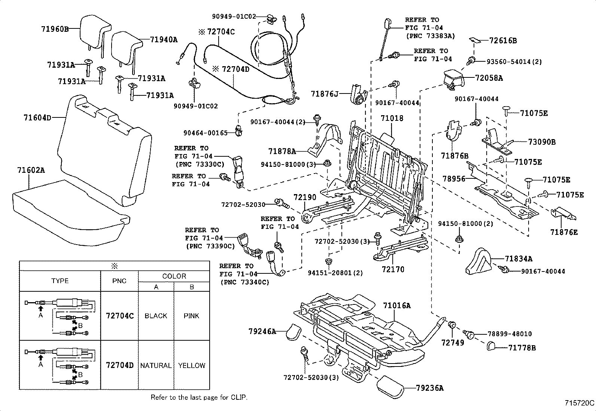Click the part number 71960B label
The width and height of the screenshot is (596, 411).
click(55, 28)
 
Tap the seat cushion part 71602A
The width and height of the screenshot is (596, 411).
click(67, 209)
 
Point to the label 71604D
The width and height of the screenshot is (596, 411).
click(37, 118)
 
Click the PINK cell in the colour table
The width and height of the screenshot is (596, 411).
click(191, 316)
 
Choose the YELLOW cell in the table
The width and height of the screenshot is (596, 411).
click(191, 365)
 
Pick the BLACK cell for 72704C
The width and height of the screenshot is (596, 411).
click(156, 316)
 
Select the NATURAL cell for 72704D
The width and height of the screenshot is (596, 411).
click(156, 365)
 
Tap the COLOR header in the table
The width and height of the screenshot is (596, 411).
click(174, 276)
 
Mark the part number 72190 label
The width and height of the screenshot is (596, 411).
click(305, 197)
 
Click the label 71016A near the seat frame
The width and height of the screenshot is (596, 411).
click(396, 306)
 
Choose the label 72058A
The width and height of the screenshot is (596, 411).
click(489, 78)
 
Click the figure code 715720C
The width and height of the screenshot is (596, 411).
click(579, 403)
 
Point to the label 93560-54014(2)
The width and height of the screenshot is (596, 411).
click(514, 62)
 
